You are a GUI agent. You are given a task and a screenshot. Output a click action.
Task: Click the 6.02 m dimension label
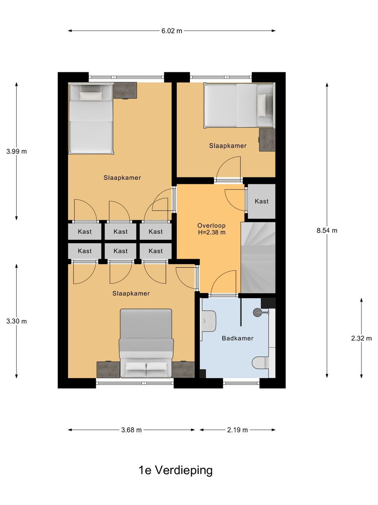[x=171, y=31]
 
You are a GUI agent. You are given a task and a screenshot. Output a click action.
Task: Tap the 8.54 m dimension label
[x=327, y=230]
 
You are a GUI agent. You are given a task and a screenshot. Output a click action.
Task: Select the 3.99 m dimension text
[x=16, y=151]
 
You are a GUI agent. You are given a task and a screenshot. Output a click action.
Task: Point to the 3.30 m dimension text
[x=16, y=321]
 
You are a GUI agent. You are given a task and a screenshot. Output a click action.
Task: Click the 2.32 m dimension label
[x=361, y=338]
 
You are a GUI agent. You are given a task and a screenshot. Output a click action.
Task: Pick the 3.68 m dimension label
[x=131, y=430]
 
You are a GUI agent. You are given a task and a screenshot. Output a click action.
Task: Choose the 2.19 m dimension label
[x=237, y=430]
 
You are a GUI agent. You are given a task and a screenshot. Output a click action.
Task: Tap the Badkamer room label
[x=238, y=338]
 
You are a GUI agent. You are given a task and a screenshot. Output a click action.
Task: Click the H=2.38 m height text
[x=212, y=233]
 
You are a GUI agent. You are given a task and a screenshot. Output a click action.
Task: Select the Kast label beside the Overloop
[x=261, y=201]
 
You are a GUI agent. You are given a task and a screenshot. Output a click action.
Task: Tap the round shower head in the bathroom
[x=257, y=312]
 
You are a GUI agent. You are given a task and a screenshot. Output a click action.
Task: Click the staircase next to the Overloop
[x=258, y=257]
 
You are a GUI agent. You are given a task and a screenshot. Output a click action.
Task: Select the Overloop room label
[x=211, y=226]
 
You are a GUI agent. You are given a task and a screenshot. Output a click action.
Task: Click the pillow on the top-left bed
[x=91, y=96]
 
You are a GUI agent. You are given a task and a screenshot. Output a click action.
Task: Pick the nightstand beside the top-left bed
[x=125, y=90]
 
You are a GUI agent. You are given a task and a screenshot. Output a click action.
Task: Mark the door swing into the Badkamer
[x=223, y=282]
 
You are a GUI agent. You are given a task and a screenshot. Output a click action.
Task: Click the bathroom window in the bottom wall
[x=241, y=383]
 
